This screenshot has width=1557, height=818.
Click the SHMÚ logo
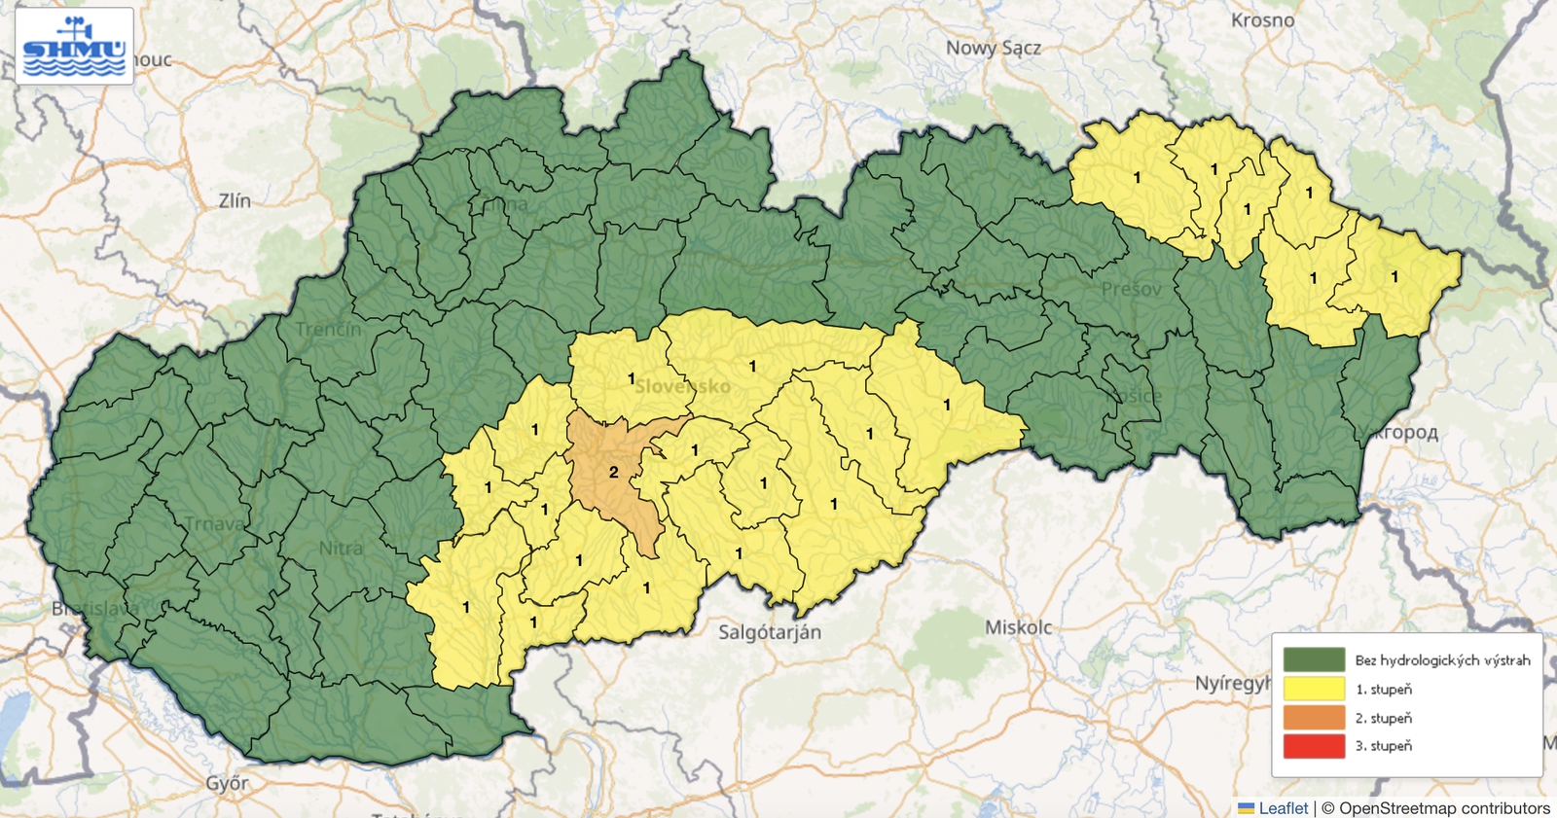click(74, 46)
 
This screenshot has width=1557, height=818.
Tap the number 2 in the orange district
click(614, 472)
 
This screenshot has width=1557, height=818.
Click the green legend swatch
click(1314, 660)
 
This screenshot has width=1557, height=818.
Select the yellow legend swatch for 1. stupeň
click(1314, 689)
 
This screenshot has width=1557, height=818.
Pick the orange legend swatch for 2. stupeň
click(1314, 718)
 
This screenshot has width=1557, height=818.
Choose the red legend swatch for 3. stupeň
click(1314, 746)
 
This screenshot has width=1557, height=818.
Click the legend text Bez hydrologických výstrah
click(1442, 660)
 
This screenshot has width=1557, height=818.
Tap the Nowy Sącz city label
click(993, 48)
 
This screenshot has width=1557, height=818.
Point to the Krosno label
click(1262, 20)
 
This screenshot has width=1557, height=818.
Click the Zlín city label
click(235, 200)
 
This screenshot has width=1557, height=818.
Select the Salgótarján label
click(770, 632)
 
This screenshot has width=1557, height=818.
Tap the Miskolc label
click(1018, 627)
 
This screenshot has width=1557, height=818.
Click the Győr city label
click(227, 783)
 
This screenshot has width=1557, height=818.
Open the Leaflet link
click(1283, 808)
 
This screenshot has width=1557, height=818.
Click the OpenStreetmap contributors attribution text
click(1444, 808)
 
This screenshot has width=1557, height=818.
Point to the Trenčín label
click(328, 329)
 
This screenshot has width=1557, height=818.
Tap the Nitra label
click(341, 549)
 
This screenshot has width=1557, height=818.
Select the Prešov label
click(1131, 289)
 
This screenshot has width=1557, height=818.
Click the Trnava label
click(215, 523)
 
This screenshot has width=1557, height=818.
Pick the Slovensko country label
click(682, 386)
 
